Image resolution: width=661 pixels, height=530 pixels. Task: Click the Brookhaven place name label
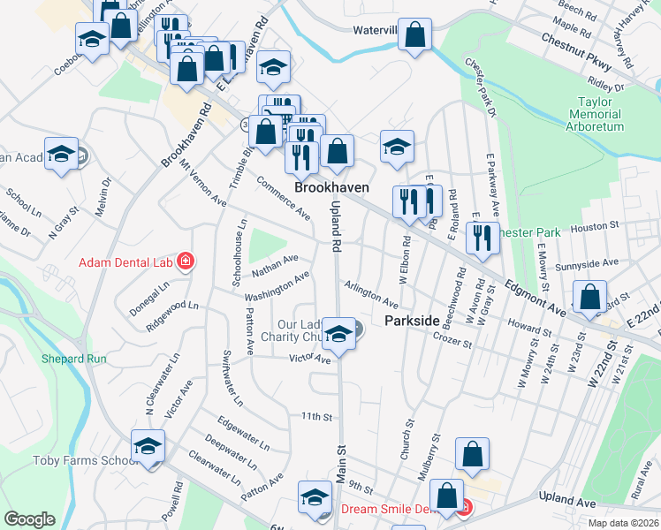pos(331,188)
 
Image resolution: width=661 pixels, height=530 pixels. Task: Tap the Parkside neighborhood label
pos(412,322)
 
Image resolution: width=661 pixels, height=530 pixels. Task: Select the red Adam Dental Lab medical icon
pos(186,261)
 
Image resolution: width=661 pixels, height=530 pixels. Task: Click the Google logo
pos(30,519)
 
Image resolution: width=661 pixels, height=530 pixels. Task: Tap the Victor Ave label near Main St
pos(310,359)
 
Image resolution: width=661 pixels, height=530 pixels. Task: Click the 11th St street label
pos(315,416)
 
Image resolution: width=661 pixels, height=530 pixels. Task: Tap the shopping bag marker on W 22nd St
pos(589,299)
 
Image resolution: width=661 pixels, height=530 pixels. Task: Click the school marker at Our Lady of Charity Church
pos(338,333)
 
